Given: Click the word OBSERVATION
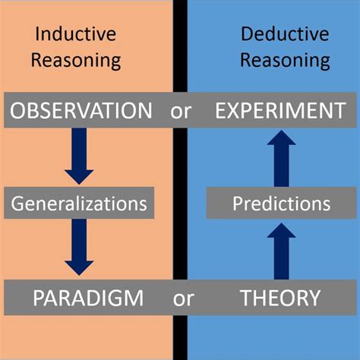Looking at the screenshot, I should pyautogui.click(x=81, y=111).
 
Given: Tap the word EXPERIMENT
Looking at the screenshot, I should pyautogui.click(x=279, y=111).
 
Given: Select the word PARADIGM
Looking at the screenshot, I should pyautogui.click(x=88, y=297).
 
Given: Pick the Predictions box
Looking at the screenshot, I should pyautogui.click(x=281, y=204).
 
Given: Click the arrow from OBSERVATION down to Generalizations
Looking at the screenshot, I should pyautogui.click(x=79, y=156).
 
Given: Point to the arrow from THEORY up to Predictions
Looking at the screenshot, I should pyautogui.click(x=281, y=251).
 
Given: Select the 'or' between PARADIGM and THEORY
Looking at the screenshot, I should pyautogui.click(x=183, y=298).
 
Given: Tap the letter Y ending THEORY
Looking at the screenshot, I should pyautogui.click(x=314, y=297).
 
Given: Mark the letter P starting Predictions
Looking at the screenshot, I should pyautogui.click(x=238, y=204).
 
